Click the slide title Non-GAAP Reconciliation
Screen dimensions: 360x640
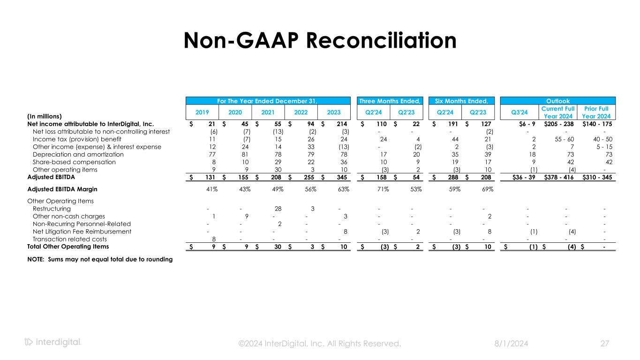(x=320, y=40)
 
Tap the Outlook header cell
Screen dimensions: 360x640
(x=558, y=101)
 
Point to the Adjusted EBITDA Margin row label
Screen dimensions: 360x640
(x=62, y=189)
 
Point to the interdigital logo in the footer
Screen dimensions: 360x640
(x=53, y=343)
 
